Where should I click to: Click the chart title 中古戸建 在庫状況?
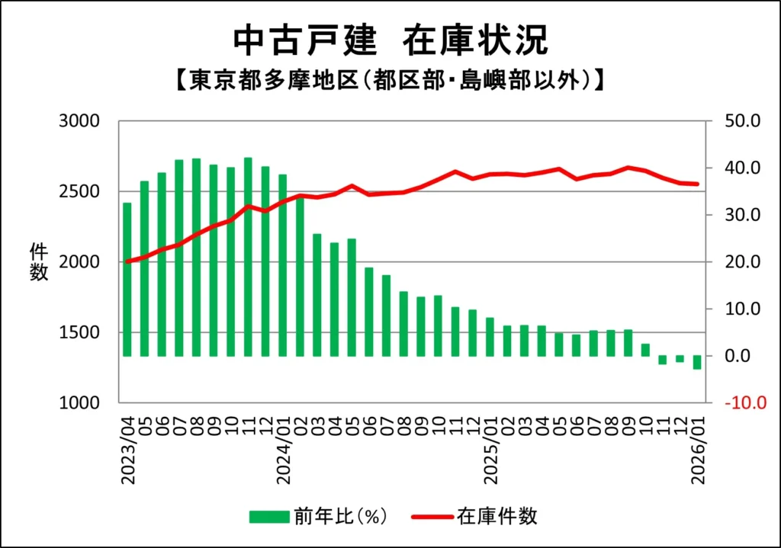390,41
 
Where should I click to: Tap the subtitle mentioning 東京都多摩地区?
390,79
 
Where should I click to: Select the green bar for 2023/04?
127,279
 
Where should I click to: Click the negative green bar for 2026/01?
697,362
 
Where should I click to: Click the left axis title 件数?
39,261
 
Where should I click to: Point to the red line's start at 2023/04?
127,261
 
